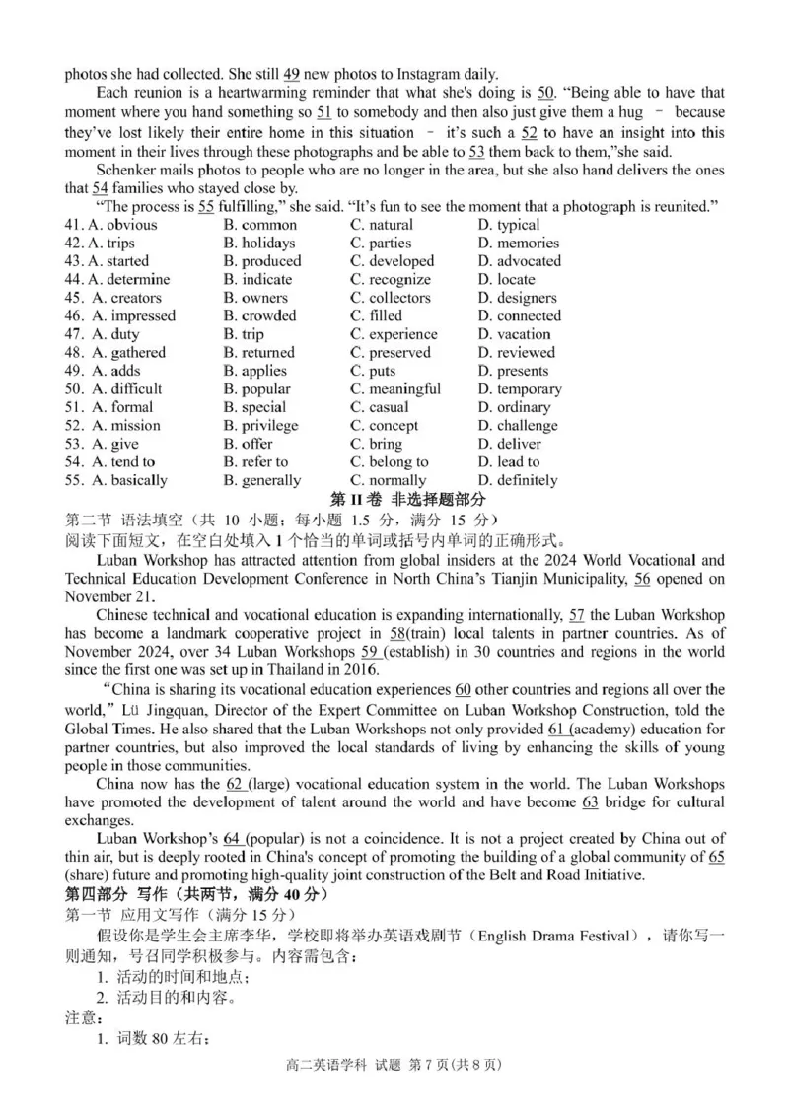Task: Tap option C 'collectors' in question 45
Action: (399, 298)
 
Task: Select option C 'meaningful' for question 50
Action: (404, 388)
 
